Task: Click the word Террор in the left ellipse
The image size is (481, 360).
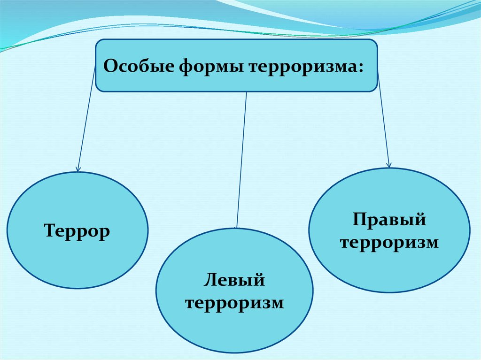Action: point(77,231)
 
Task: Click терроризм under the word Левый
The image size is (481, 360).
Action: point(235,303)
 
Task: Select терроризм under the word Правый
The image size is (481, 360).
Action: point(389,243)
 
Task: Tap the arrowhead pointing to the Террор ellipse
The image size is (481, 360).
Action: point(78,168)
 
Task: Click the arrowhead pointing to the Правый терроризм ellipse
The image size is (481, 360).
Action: point(388,164)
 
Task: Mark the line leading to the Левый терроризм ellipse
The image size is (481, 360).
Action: point(241,160)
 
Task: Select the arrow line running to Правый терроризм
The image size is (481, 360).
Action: point(383,122)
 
